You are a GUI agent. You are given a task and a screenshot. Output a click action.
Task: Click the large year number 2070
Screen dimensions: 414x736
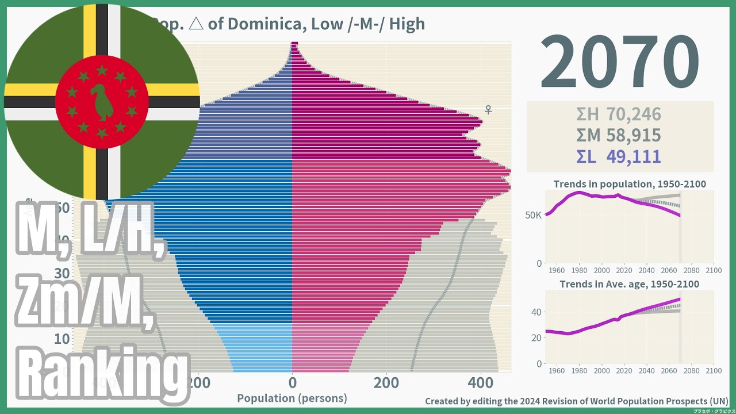(x=619, y=62)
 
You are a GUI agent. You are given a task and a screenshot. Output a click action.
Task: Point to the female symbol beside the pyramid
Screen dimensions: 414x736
(x=488, y=109)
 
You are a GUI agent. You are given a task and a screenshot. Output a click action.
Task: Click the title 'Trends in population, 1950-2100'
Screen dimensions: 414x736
(x=630, y=184)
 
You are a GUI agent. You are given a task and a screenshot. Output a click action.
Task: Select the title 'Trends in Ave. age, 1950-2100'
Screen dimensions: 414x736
(x=630, y=284)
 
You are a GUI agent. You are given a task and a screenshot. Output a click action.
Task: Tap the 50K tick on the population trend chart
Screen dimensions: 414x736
(x=532, y=215)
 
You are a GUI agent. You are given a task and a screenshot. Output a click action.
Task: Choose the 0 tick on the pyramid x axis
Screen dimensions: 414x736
(x=292, y=382)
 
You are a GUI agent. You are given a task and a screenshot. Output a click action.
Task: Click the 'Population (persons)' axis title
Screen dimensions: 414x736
(x=292, y=398)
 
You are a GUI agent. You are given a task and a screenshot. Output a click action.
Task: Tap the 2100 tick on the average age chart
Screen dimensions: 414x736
(x=713, y=371)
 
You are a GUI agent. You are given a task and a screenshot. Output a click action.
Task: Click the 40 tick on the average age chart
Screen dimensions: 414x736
(x=535, y=312)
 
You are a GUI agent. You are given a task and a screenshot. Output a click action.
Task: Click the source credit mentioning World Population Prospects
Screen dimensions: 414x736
(x=577, y=401)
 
